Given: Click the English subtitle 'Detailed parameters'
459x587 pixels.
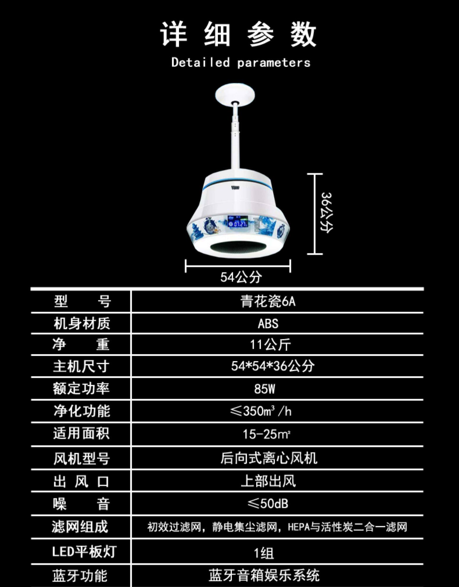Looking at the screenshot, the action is pos(241,63).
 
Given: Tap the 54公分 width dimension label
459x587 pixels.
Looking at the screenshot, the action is pos(241,277).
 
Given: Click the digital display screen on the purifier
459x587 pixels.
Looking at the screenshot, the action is pos(238,221).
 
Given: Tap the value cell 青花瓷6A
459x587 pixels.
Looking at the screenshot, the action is pos(268,301).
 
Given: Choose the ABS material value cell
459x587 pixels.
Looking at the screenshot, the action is pos(268,324).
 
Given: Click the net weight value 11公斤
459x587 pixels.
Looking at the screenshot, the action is pos(270,345).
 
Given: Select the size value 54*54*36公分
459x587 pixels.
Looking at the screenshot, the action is pos(272,366).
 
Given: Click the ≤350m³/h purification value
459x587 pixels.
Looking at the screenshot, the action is pos(260,411).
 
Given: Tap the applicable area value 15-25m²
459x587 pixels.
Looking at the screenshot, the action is pos(267,434).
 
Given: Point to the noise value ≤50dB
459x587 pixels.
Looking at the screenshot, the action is pos(268,503).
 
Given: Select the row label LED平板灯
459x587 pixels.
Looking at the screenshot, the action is pos(84,552).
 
